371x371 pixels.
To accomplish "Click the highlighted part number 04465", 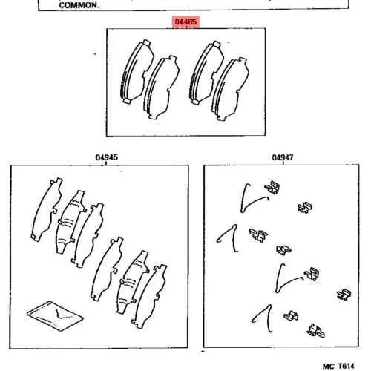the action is [x=185, y=22].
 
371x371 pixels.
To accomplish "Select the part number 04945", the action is [x=107, y=157].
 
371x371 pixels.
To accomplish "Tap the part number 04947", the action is [x=283, y=157].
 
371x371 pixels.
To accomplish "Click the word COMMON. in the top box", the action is [x=79, y=5].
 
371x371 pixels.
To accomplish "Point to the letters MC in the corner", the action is [x=329, y=366].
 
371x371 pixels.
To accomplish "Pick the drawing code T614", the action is [x=347, y=366].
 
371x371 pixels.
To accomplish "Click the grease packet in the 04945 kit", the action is [x=55, y=315].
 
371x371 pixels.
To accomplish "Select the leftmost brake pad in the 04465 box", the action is [x=137, y=72].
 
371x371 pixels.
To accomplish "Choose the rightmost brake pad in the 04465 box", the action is [x=230, y=89].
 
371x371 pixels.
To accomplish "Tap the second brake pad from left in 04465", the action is [x=161, y=88].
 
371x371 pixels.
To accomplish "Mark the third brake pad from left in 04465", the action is [x=206, y=73].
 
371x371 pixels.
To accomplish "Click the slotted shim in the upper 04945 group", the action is [x=70, y=222].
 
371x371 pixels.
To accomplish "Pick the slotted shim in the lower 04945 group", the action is [x=133, y=282].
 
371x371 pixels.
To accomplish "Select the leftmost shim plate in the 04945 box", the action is [x=47, y=209].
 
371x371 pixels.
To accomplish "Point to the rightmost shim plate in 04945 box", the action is [x=149, y=296].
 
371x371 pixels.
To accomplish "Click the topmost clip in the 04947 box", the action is [x=272, y=188].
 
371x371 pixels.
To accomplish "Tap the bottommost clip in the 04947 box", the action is [x=315, y=331].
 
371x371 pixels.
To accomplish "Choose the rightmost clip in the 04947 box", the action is [x=344, y=295].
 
